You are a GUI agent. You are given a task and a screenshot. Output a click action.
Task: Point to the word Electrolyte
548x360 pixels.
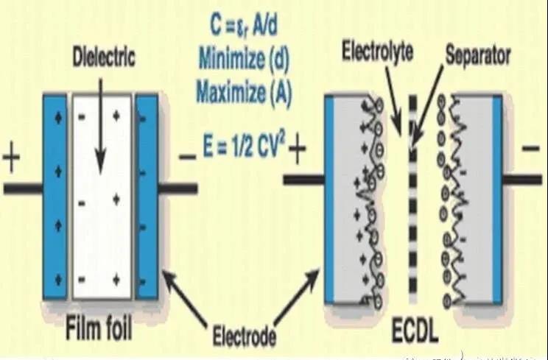(x=376, y=52)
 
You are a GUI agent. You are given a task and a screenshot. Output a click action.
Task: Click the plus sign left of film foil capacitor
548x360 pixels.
(x=13, y=159)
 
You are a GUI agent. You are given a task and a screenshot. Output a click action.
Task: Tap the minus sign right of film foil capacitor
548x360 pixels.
(x=187, y=156)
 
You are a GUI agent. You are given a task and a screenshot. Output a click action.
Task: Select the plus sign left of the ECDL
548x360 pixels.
(x=297, y=150)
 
